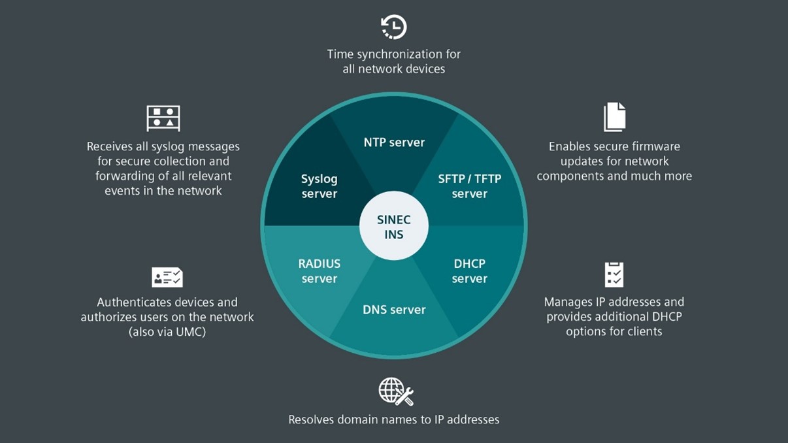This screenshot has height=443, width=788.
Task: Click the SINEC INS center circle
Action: (393, 225)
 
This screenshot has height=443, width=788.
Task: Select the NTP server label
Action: (394, 142)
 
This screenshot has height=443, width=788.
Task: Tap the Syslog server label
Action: (319, 186)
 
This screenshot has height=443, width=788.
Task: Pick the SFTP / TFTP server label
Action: (469, 186)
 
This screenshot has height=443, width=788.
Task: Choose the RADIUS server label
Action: (319, 271)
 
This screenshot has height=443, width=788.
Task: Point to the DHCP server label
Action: (469, 271)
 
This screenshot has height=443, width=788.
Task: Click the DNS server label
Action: (394, 310)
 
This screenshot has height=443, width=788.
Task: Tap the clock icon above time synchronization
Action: (394, 27)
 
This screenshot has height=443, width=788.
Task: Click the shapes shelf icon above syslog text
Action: (163, 118)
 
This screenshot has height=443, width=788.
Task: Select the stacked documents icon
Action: (615, 117)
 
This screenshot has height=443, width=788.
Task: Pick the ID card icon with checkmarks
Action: (167, 277)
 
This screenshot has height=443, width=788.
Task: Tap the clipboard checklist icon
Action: (614, 274)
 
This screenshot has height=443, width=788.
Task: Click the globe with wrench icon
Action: (396, 391)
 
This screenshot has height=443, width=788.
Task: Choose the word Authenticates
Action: (138, 303)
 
